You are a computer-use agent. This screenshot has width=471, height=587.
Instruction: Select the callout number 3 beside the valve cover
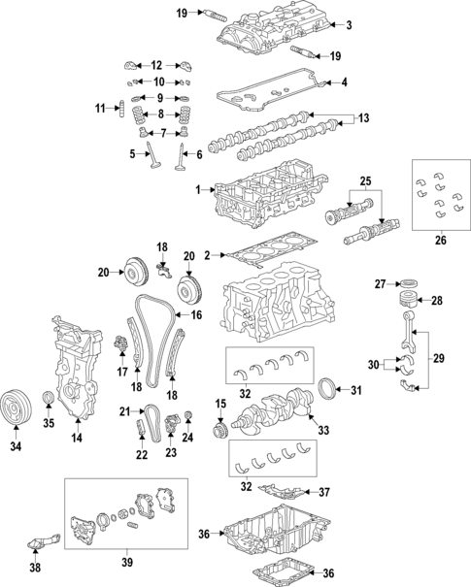349,25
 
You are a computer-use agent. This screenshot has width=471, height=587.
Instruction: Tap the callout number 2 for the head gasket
207,256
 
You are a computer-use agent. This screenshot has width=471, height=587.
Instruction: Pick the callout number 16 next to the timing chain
196,315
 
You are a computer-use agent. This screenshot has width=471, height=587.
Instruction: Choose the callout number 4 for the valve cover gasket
343,82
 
